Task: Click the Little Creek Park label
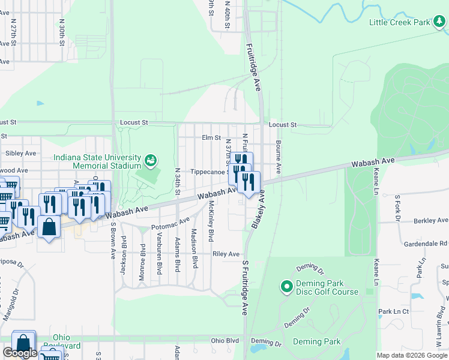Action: pyautogui.click(x=400, y=22)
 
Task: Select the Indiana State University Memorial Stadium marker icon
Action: pyautogui.click(x=149, y=160)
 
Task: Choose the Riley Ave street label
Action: pyautogui.click(x=226, y=254)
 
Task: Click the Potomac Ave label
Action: pyautogui.click(x=170, y=226)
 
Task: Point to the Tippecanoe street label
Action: pyautogui.click(x=208, y=172)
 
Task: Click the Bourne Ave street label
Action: pyautogui.click(x=279, y=154)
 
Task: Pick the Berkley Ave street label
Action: pyautogui.click(x=430, y=221)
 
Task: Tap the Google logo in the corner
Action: pyautogui.click(x=20, y=353)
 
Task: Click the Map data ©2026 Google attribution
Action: pyautogui.click(x=411, y=355)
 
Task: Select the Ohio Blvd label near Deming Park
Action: pyautogui.click(x=225, y=341)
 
